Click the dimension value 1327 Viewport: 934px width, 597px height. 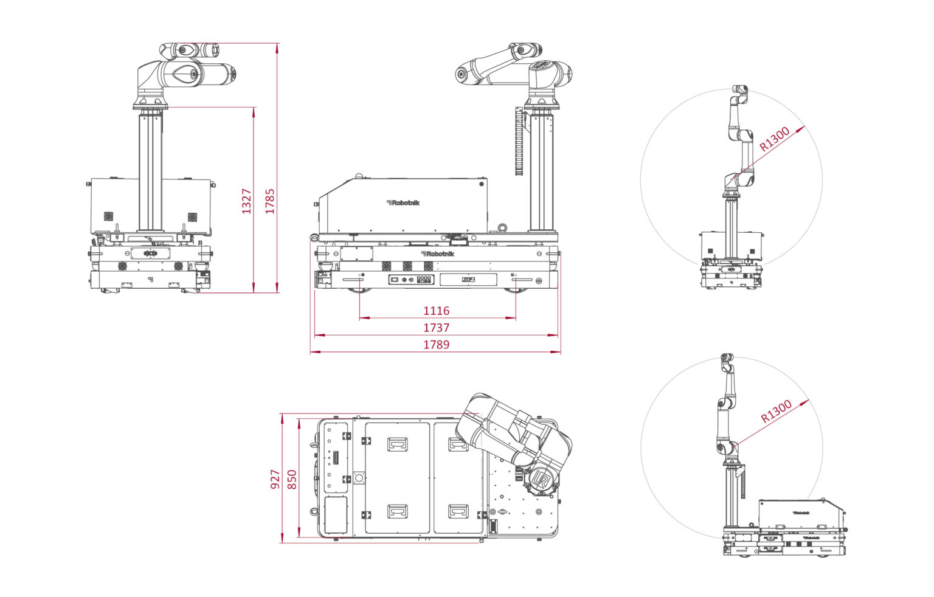coord(246,201)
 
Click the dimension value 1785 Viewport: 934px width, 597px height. coord(270,201)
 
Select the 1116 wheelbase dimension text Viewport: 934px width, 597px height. coord(436,311)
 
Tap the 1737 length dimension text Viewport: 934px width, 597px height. coord(436,328)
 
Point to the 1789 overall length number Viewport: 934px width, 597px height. coord(436,345)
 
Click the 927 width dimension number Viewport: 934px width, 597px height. coord(275,479)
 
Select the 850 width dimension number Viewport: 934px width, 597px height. coord(292,479)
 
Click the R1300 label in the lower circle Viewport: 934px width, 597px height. coord(776,412)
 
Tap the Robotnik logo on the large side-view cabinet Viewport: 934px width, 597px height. coord(403,202)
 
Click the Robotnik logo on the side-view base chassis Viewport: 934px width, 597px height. coord(437,254)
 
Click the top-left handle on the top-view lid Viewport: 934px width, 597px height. coord(397,444)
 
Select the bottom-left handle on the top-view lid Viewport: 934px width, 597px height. coord(397,511)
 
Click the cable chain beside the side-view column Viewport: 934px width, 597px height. coord(519,142)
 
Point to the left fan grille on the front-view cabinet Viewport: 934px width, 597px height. coord(108,216)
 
